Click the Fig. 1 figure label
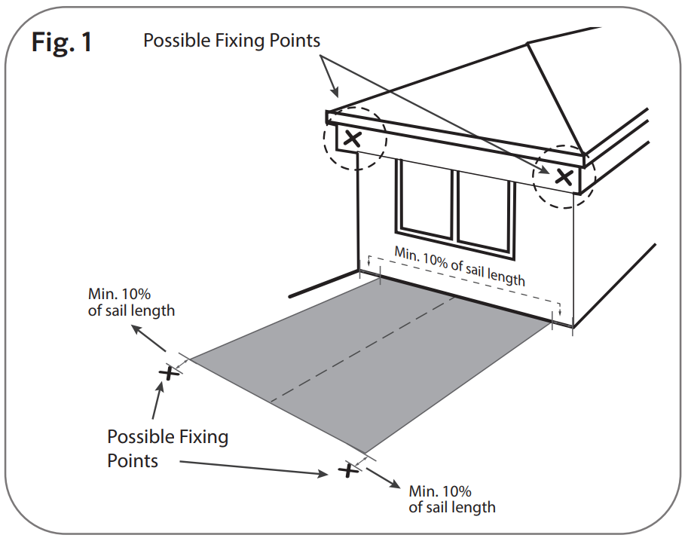62,41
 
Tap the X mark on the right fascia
564,178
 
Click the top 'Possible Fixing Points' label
231,40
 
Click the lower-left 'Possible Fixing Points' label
167,448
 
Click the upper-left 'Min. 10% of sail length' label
131,301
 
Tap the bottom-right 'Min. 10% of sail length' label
452,498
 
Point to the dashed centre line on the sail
362,347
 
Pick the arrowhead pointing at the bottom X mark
326,473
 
